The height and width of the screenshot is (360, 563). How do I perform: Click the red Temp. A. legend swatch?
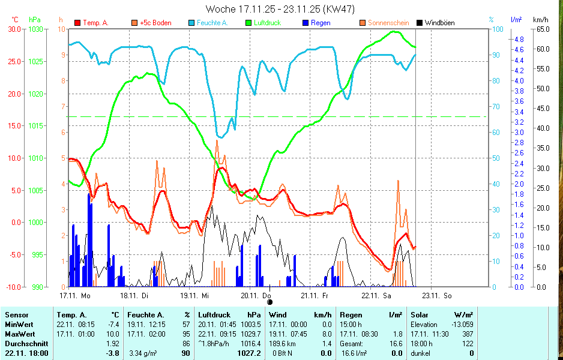[77, 23]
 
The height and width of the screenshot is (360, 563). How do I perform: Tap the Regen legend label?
[321, 23]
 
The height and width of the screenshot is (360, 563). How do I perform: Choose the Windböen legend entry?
[439, 23]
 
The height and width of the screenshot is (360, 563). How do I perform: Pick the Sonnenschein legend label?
[388, 23]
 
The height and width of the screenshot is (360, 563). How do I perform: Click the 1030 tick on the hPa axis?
[36, 29]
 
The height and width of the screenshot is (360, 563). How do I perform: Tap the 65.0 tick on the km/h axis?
[541, 29]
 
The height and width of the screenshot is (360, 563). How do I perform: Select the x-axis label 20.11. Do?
[256, 295]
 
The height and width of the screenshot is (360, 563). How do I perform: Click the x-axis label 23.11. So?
[437, 295]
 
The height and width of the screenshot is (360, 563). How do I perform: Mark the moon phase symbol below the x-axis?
[269, 302]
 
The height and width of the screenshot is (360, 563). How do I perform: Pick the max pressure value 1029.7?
[251, 334]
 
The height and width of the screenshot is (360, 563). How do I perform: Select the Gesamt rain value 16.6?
[394, 343]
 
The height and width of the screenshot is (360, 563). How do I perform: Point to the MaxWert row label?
[19, 334]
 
